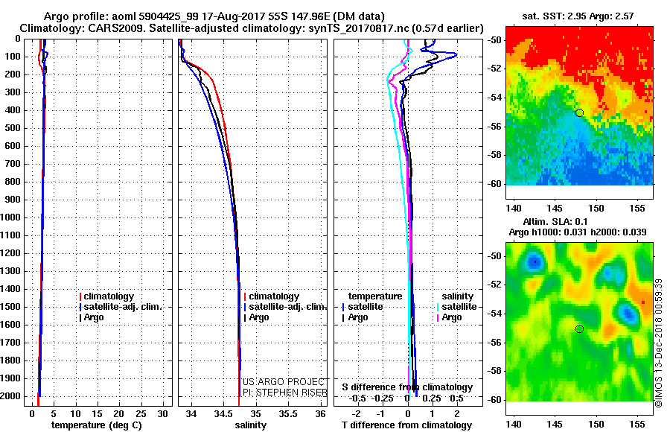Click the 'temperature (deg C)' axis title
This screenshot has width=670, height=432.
coord(92,425)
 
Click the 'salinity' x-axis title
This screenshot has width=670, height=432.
coord(250,425)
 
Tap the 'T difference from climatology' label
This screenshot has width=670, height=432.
coord(405,425)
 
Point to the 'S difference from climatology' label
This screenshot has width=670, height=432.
coord(406,387)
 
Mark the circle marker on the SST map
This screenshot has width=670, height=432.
coord(579,112)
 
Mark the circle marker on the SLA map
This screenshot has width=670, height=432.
coord(579,328)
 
